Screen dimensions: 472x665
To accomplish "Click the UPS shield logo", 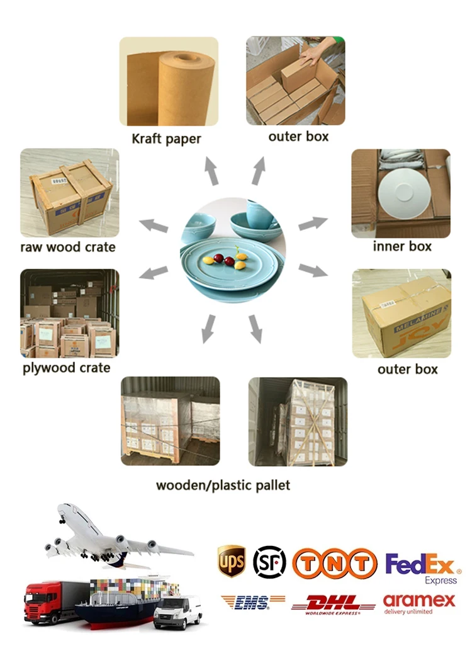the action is tap(231, 560).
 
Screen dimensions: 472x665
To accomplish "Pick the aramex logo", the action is tap(419, 603).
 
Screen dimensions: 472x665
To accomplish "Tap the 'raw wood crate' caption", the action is tap(68, 246).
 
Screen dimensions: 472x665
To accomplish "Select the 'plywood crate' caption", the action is tap(67, 368).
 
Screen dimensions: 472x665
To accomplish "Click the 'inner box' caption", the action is tap(402, 246).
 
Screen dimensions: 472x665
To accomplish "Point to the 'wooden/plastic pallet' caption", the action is tap(223, 486).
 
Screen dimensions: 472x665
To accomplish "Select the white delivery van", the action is tap(177, 611).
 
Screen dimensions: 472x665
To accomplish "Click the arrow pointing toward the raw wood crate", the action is tap(154, 225).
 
